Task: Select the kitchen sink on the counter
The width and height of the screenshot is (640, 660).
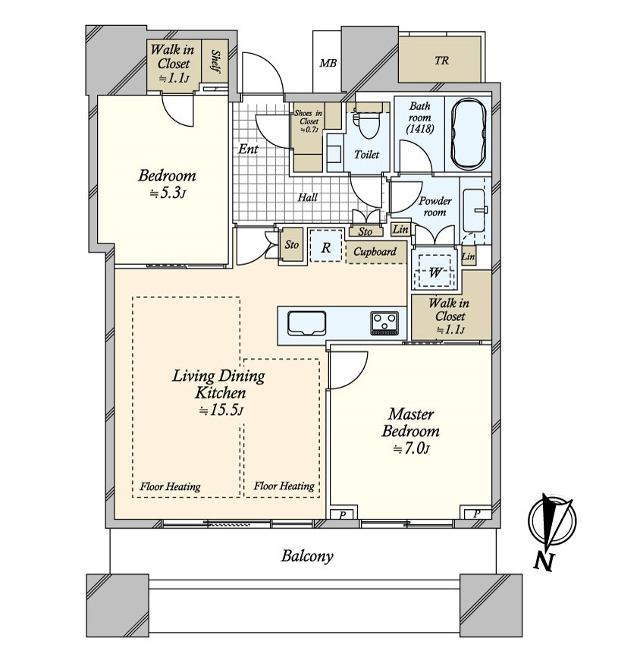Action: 307,323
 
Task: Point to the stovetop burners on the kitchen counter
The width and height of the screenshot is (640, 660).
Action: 384,323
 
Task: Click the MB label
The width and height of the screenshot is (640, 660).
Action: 328,63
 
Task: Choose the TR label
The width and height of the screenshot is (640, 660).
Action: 441,61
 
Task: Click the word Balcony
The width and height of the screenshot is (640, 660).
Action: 307,556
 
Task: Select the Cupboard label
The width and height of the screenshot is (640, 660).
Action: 375,252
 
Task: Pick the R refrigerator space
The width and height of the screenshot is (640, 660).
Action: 325,247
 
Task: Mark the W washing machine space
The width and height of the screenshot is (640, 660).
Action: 435,272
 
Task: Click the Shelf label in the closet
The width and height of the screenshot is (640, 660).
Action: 216,61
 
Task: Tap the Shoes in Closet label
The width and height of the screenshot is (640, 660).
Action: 309,121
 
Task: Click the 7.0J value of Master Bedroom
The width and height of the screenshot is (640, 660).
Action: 411,449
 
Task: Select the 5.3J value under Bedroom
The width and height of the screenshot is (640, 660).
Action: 167,193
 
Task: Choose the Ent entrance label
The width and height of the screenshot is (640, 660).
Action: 248,149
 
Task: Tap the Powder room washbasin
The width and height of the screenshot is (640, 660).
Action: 474,210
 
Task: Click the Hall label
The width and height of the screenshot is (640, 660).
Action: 308,197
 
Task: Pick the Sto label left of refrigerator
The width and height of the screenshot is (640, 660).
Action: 292,244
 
